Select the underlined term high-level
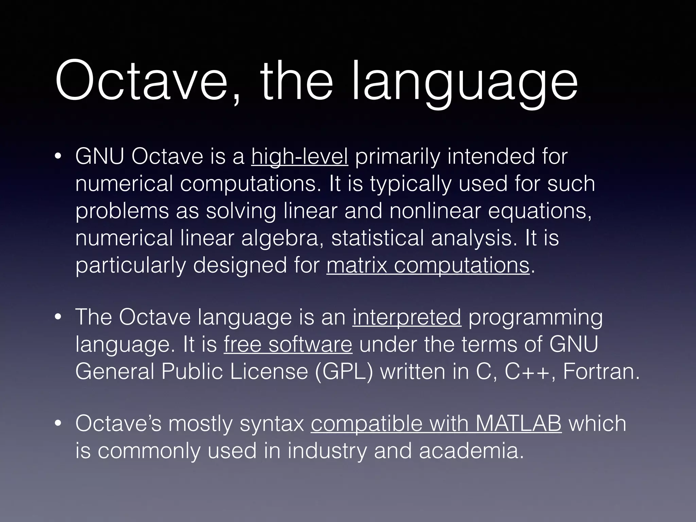pos(299,157)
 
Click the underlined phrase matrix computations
pos(428,265)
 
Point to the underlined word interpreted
pos(406,317)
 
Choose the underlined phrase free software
pos(288,345)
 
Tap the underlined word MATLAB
pos(519,424)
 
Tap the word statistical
pos(377,238)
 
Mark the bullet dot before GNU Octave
pos(58,157)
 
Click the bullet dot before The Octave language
pos(58,318)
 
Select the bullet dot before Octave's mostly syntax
pos(58,424)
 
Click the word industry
pos(327,451)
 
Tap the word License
pos(269,372)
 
